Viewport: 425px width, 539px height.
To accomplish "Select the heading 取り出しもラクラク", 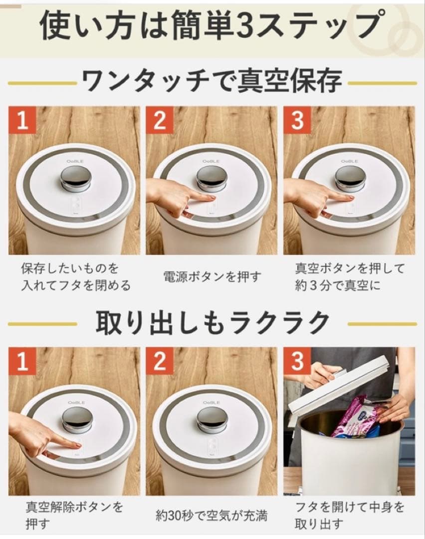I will click(x=212, y=323).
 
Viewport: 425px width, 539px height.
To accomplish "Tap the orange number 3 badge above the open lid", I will click(x=297, y=362).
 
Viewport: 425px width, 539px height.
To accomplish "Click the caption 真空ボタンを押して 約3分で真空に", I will click(x=349, y=277).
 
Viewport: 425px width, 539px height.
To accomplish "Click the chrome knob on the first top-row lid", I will click(x=76, y=178).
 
